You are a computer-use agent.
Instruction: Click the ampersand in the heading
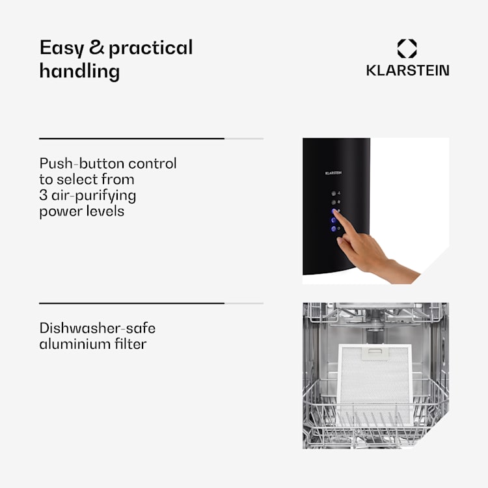96,47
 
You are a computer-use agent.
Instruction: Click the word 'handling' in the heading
79,71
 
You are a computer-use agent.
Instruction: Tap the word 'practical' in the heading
151,49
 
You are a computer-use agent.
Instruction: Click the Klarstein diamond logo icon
407,48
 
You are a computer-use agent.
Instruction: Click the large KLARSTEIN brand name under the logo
408,70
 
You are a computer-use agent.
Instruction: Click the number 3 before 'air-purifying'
43,195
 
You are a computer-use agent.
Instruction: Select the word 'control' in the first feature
152,163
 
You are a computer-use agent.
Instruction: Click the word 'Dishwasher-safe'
98,328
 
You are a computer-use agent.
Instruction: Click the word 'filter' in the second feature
130,344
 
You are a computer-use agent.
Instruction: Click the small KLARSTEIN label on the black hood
333,173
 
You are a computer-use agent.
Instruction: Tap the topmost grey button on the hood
333,193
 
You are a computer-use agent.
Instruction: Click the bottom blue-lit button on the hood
334,229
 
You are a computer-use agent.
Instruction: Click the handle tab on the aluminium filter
375,354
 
